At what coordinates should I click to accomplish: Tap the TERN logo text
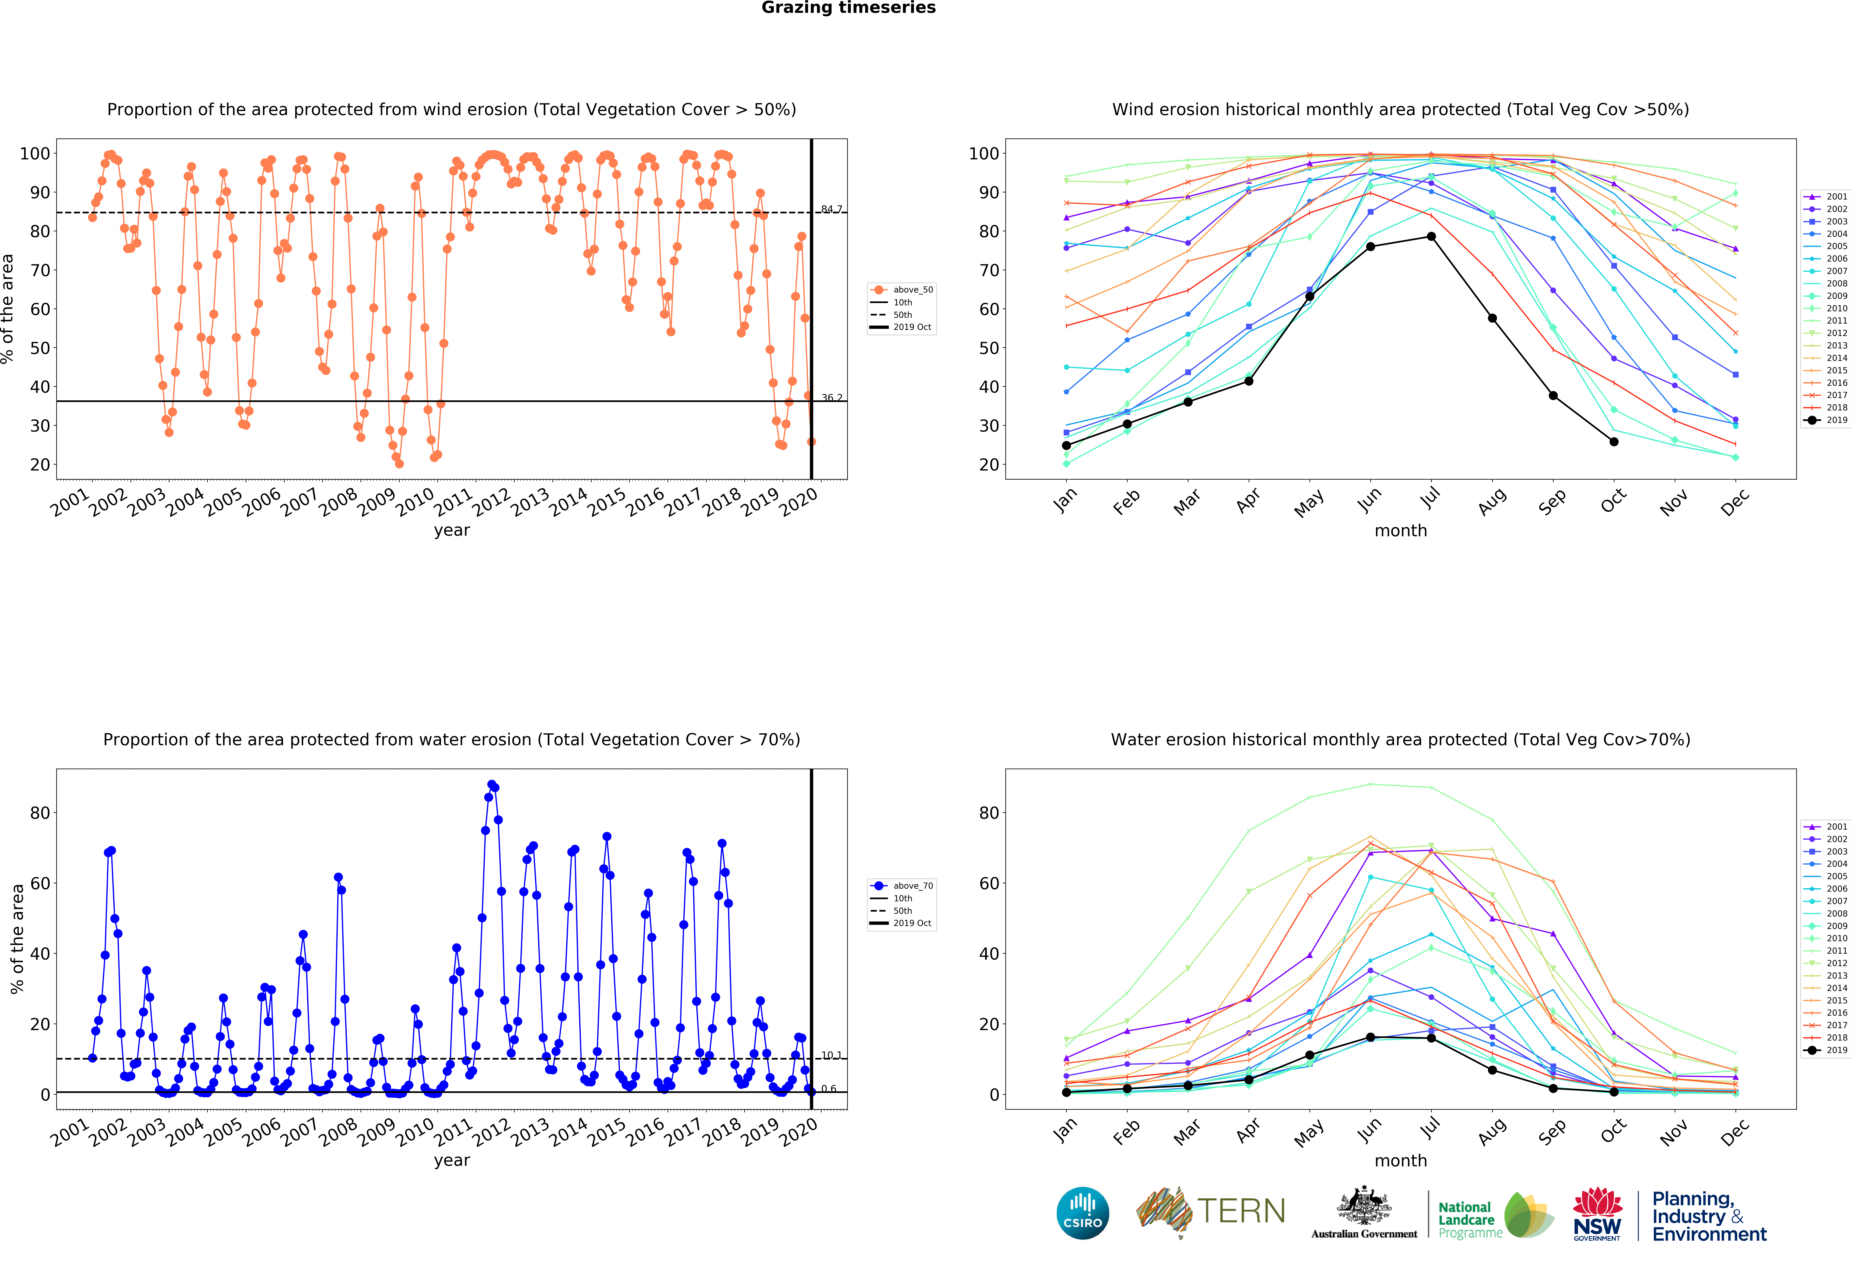(1241, 1211)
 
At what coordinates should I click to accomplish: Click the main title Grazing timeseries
(848, 8)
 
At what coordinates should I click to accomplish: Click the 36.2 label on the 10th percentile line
(832, 398)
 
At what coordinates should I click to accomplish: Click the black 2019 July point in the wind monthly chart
(1431, 237)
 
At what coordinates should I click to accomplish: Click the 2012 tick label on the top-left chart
(491, 501)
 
